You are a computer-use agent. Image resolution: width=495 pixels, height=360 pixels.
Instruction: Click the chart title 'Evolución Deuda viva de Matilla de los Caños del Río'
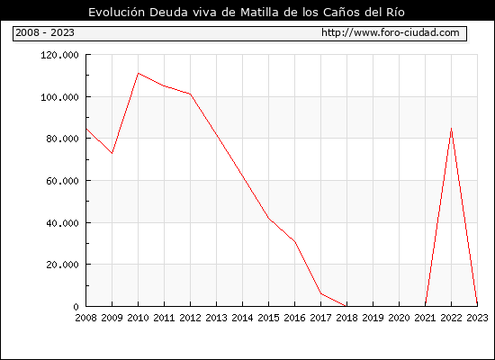pyautogui.click(x=247, y=12)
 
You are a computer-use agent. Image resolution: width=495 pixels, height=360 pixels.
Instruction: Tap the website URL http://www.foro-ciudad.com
pyautogui.click(x=391, y=32)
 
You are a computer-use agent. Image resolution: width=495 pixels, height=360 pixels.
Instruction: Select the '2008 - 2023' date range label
pyautogui.click(x=45, y=32)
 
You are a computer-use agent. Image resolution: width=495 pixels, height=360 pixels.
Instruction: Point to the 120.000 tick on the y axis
pyautogui.click(x=59, y=55)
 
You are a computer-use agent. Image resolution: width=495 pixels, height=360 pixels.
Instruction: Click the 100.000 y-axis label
pyautogui.click(x=59, y=97)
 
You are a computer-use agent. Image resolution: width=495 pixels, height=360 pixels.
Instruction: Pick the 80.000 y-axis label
pyautogui.click(x=62, y=139)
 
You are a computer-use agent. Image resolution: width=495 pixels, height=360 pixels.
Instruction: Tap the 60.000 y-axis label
pyautogui.click(x=62, y=181)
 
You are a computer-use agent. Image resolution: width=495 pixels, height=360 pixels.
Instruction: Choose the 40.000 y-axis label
pyautogui.click(x=62, y=223)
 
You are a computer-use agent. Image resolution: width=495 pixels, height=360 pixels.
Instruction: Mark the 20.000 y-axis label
pyautogui.click(x=62, y=265)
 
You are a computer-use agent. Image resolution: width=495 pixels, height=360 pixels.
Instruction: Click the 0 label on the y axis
pyautogui.click(x=76, y=307)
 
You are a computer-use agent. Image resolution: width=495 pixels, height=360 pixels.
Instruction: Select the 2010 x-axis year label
pyautogui.click(x=138, y=318)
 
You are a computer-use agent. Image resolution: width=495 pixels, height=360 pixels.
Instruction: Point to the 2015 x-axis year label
pyautogui.click(x=269, y=318)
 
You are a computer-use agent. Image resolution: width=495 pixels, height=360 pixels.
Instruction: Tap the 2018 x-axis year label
pyautogui.click(x=346, y=318)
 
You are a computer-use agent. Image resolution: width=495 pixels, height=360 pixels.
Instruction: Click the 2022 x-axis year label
pyautogui.click(x=451, y=318)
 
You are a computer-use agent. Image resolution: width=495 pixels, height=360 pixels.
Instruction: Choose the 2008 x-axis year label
pyautogui.click(x=85, y=318)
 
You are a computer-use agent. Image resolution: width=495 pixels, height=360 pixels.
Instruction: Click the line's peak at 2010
pyautogui.click(x=139, y=73)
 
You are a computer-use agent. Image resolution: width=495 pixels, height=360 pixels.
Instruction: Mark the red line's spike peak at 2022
pyautogui.click(x=452, y=128)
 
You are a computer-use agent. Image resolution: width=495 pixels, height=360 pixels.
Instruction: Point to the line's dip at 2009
pyautogui.click(x=112, y=153)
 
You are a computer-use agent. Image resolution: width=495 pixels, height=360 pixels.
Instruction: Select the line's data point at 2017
pyautogui.click(x=321, y=293)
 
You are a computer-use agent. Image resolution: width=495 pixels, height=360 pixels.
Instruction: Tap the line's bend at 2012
pyautogui.click(x=191, y=94)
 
